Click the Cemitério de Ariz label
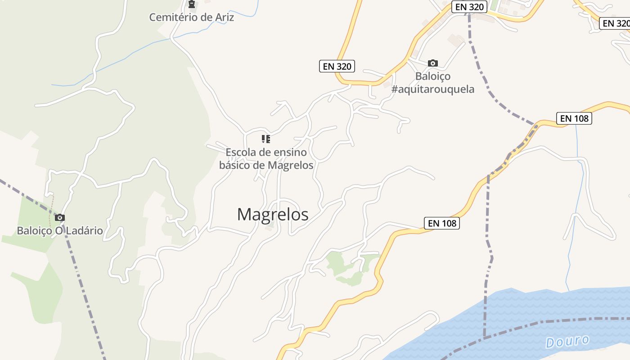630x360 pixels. (x=192, y=18)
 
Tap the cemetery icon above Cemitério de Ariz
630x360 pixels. (x=192, y=4)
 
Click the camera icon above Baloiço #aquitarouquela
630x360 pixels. (x=433, y=63)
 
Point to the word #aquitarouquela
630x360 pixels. (x=433, y=89)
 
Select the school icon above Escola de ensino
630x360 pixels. (x=266, y=139)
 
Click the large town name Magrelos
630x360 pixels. (x=273, y=214)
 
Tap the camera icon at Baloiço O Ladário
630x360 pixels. (x=59, y=218)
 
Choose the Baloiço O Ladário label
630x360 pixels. (x=60, y=231)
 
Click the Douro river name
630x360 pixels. (x=567, y=341)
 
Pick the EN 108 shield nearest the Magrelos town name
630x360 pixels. (x=441, y=223)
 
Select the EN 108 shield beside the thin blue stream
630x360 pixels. (x=574, y=118)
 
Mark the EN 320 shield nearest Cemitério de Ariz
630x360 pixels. (x=337, y=66)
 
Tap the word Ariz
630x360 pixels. (x=224, y=18)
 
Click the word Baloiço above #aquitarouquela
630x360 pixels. (x=433, y=76)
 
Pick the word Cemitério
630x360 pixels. (x=174, y=18)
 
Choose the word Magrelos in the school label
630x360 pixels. (x=290, y=165)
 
